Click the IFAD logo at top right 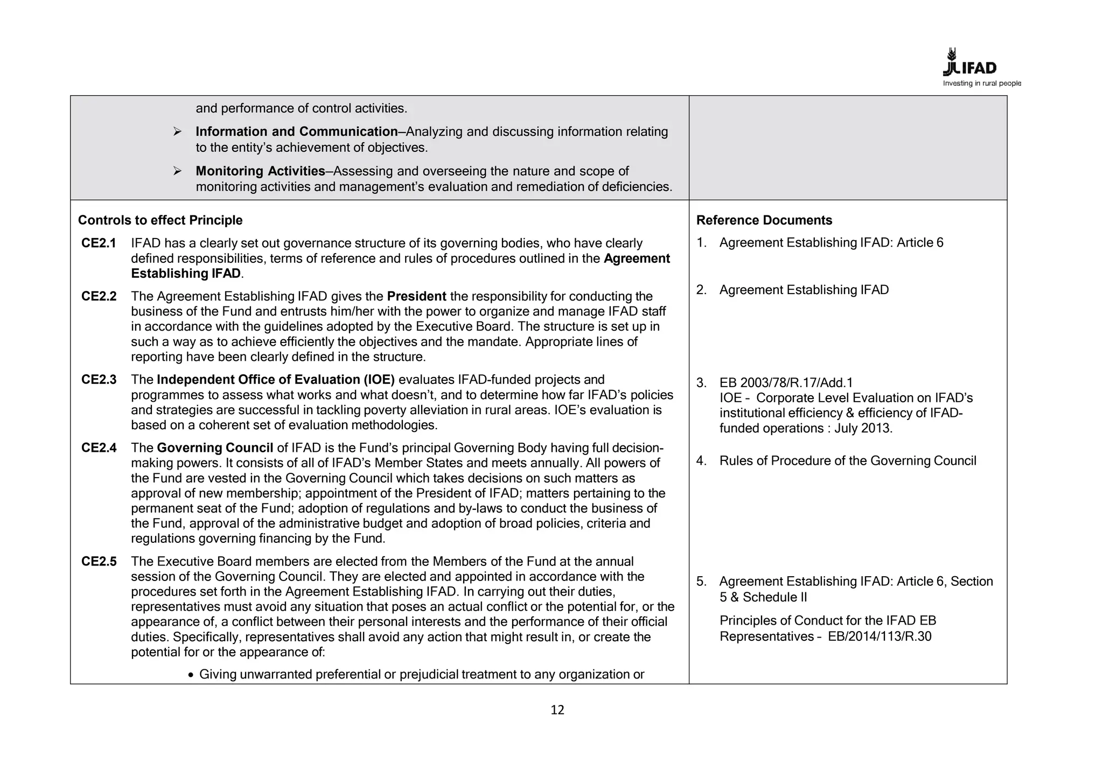(x=969, y=64)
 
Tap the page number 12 (x=557, y=710)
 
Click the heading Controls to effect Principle (x=160, y=220)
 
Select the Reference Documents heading (x=764, y=220)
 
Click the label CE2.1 (x=99, y=243)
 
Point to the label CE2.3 (x=99, y=380)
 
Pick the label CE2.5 (x=99, y=562)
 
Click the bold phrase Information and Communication (x=296, y=131)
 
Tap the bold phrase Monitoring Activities (x=260, y=171)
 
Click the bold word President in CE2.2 (x=416, y=296)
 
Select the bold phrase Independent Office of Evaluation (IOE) (x=276, y=380)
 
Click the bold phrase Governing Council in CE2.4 (x=215, y=448)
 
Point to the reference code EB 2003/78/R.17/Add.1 (x=786, y=383)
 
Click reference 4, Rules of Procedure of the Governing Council (x=847, y=461)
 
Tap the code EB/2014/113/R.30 (x=879, y=637)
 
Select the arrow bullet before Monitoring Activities (x=177, y=171)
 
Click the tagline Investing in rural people (x=981, y=83)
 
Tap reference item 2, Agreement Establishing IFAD (x=804, y=290)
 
